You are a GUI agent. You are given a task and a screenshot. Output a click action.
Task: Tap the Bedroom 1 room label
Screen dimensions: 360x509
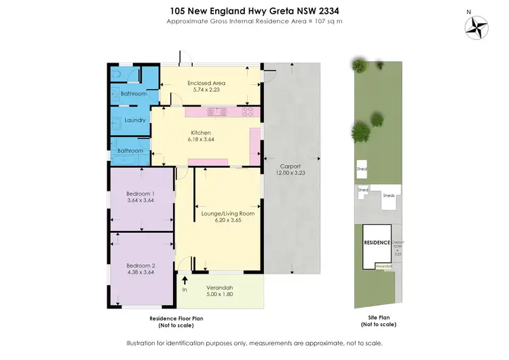coord(142,193)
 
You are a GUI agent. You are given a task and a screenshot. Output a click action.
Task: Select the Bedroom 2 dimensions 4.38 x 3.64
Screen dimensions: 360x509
coord(142,272)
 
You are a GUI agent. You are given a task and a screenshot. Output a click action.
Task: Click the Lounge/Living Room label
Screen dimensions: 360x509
coord(228,213)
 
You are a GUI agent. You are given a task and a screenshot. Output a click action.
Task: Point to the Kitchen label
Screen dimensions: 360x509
coord(201,132)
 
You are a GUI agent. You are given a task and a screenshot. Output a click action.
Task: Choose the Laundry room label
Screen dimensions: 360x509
coord(135,120)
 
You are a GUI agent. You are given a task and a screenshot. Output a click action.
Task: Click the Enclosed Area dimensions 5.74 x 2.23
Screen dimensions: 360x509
coord(206,90)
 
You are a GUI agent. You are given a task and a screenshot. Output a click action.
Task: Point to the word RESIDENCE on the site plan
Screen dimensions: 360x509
coord(377,242)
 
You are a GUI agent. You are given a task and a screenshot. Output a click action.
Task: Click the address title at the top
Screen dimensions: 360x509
coord(254,11)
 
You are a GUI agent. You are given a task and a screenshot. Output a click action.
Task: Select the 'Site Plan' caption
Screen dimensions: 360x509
coord(377,318)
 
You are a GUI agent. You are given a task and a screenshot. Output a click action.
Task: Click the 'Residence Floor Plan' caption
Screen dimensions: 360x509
coord(176,318)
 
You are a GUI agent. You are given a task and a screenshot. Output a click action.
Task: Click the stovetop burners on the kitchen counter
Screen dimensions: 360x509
coord(248,111)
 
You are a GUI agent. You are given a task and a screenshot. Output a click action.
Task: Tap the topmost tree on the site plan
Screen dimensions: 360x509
coord(358,65)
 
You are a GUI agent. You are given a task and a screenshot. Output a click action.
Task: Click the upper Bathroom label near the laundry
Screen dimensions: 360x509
coord(134,94)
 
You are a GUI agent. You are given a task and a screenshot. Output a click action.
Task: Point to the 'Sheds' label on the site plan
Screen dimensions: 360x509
coord(389,195)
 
